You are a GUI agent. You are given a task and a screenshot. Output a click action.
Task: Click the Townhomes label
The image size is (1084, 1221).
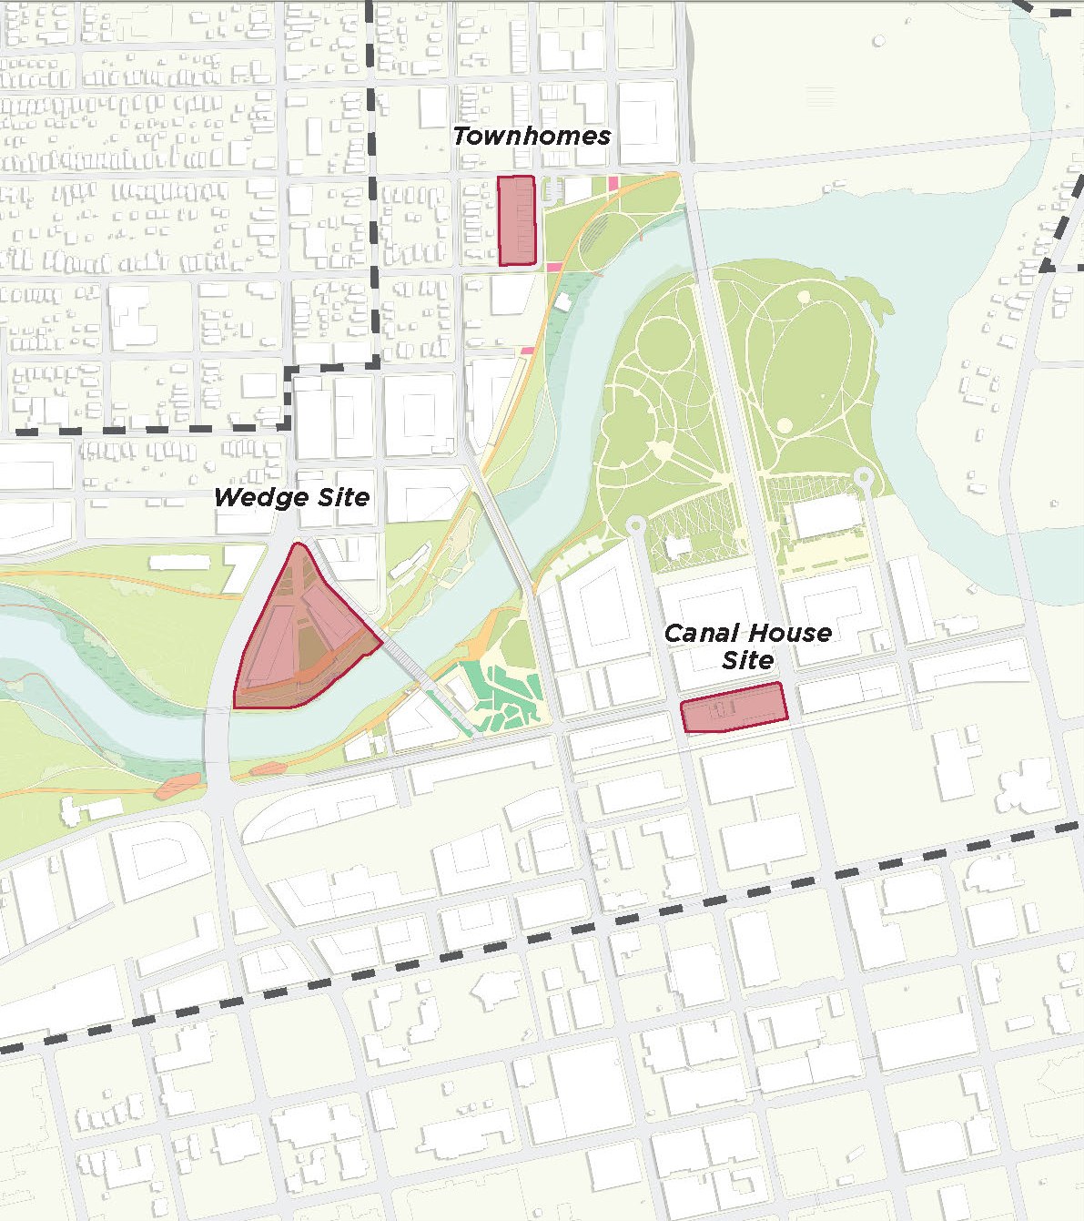532,137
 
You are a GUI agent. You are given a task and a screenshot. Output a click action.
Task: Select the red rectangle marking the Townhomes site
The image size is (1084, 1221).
517,221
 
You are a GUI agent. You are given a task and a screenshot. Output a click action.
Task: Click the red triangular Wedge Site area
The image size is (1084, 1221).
296,637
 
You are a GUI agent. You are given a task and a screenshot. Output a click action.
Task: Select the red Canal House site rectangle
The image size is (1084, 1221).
734,707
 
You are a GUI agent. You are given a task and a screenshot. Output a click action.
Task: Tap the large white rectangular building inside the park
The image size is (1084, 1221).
826,516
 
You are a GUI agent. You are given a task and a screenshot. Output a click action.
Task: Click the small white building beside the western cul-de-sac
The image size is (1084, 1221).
677,547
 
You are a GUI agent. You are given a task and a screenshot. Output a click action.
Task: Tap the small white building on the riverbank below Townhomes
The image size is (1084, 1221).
562,301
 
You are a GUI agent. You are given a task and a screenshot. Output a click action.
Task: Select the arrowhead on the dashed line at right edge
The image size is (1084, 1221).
1049,265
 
